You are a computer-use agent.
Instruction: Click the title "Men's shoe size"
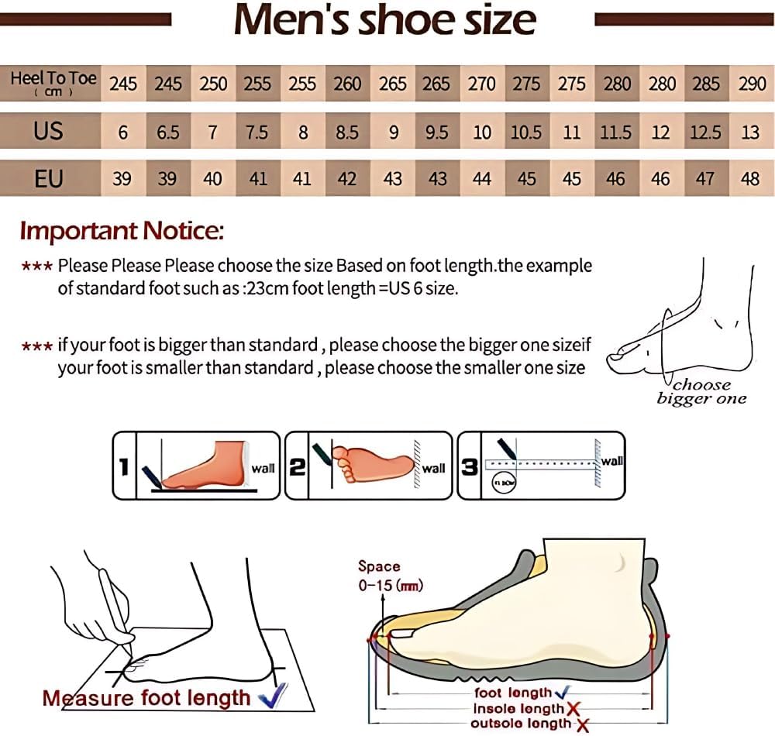click(385, 20)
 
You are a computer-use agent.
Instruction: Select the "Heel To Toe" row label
click(53, 82)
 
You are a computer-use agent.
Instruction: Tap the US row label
click(48, 131)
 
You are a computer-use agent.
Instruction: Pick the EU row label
click(48, 179)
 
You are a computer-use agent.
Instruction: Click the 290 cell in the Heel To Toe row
click(751, 84)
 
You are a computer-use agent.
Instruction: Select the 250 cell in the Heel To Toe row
click(212, 84)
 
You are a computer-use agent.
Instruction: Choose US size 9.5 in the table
click(437, 132)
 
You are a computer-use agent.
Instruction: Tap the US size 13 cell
click(750, 132)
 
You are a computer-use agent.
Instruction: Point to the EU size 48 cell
click(750, 179)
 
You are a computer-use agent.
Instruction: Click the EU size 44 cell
click(481, 179)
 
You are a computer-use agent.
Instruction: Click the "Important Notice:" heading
click(122, 230)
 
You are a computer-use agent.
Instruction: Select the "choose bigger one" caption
click(701, 392)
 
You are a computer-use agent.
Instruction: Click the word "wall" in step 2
click(433, 469)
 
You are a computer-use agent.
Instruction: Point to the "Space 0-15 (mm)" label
click(389, 576)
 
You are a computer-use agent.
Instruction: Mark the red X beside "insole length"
click(573, 708)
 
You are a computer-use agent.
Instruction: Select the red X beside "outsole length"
click(582, 725)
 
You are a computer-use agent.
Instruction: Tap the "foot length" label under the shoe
click(512, 693)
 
